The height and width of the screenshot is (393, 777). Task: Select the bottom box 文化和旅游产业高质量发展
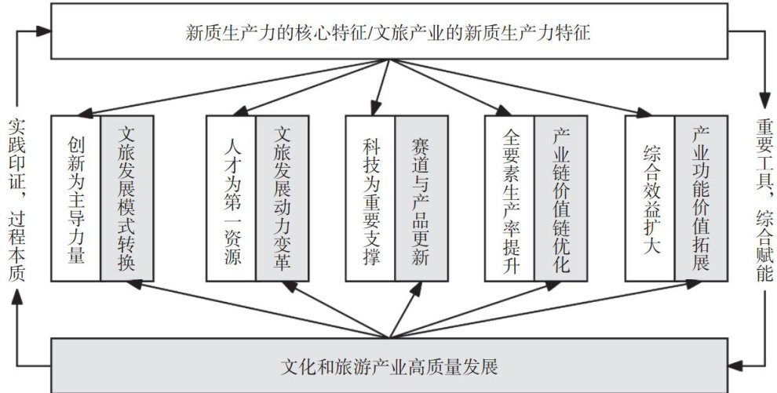(x=388, y=366)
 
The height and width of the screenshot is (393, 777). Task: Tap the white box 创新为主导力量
(x=75, y=198)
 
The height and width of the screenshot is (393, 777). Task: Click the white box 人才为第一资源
(x=231, y=198)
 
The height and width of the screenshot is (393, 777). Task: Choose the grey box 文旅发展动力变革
(x=280, y=198)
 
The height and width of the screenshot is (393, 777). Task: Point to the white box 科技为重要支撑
(x=370, y=198)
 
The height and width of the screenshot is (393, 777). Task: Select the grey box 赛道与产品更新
(x=420, y=198)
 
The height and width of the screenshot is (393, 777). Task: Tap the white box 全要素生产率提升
(x=509, y=198)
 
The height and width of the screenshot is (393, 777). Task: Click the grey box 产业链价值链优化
(x=559, y=198)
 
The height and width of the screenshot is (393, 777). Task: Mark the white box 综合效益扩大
(x=650, y=198)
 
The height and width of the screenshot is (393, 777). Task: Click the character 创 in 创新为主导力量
(x=75, y=145)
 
